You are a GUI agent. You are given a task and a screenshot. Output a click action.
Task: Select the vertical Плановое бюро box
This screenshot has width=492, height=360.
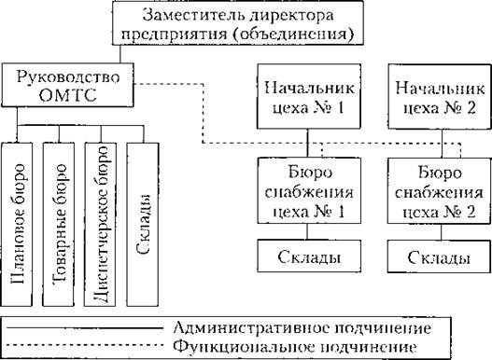(x=19, y=225)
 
